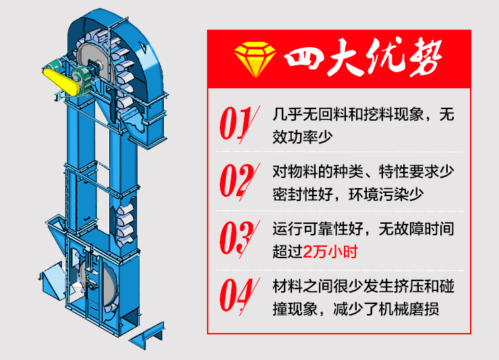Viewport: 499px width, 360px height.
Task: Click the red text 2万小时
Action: (x=330, y=253)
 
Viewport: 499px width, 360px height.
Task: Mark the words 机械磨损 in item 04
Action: (x=423, y=311)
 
